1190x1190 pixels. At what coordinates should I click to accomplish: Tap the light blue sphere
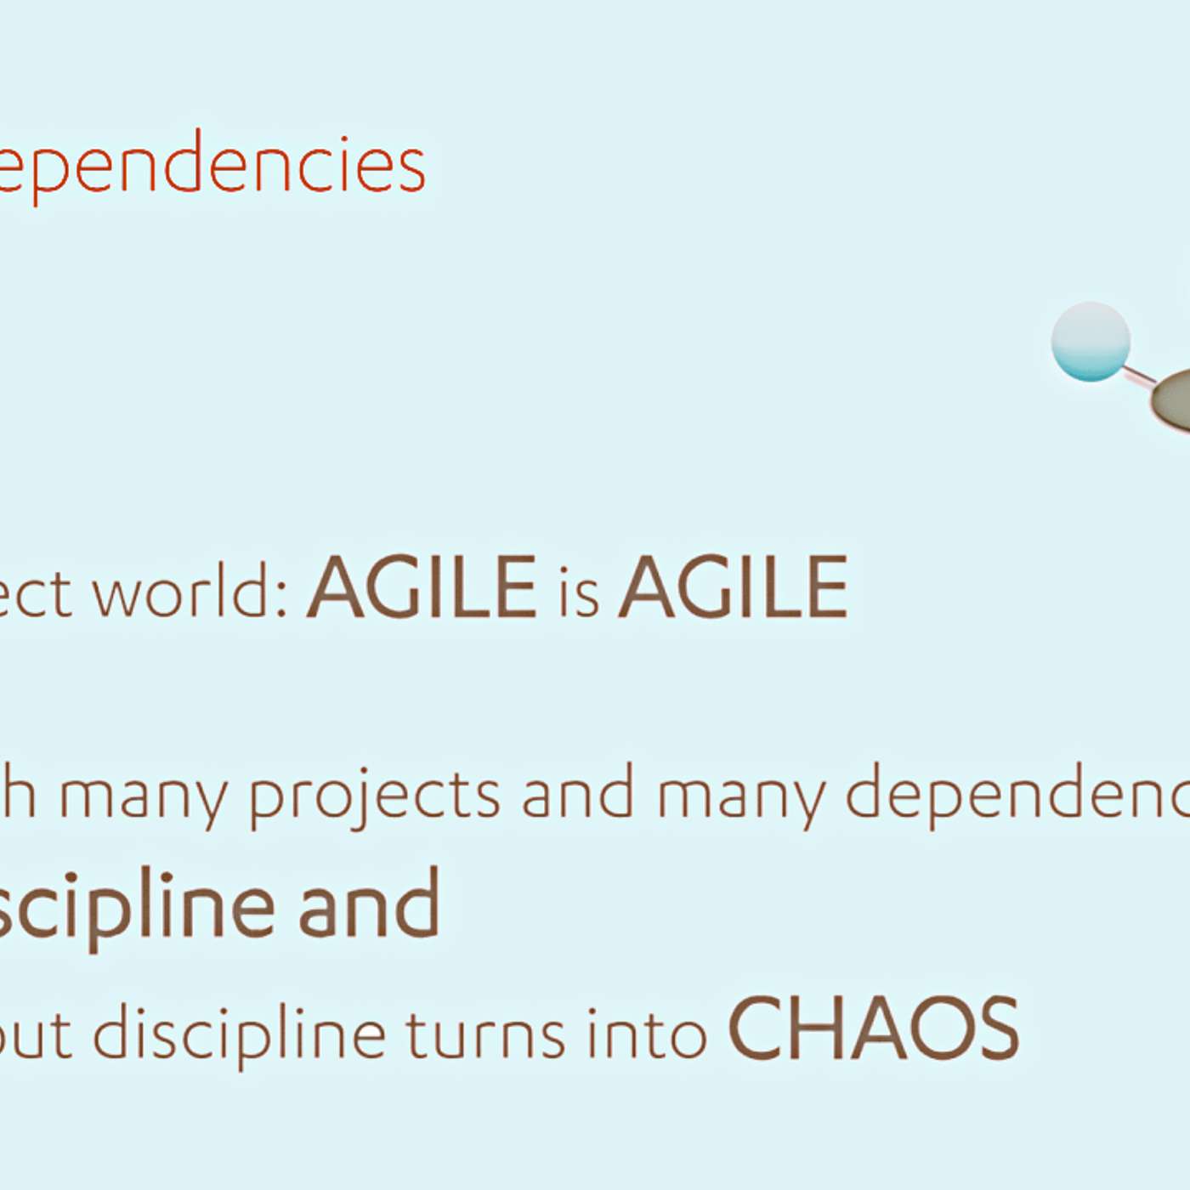point(1091,342)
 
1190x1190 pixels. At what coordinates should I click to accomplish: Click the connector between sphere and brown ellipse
point(1139,374)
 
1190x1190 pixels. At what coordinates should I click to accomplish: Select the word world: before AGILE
point(189,591)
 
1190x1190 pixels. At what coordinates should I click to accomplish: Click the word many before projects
point(143,797)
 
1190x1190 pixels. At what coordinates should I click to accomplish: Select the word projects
point(374,797)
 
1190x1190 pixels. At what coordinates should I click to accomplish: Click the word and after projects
point(577,793)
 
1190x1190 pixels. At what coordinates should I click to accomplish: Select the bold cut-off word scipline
point(136,905)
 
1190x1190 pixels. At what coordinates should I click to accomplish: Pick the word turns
point(484,1035)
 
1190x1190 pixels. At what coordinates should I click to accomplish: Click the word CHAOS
point(874,1028)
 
